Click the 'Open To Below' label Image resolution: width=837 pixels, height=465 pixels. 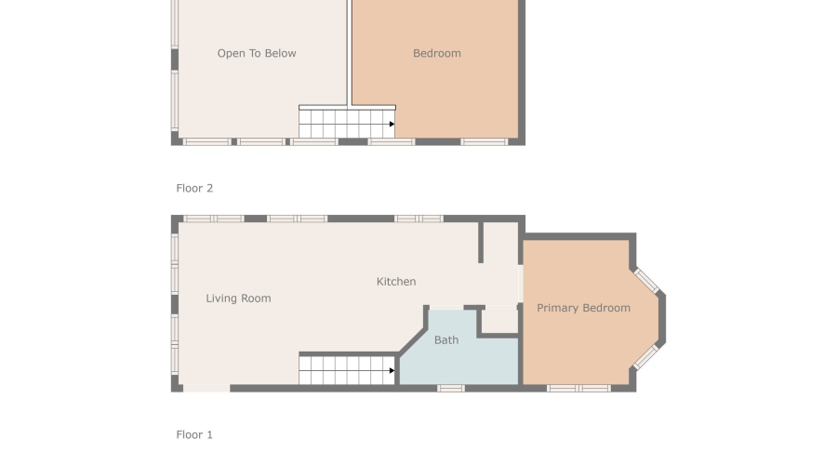pos(257,54)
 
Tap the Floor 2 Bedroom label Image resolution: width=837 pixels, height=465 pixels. pos(437,54)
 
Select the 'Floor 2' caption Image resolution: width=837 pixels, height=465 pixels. pos(194,188)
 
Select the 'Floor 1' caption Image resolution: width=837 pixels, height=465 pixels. pos(194,434)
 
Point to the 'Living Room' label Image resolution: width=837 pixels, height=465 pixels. pos(238,299)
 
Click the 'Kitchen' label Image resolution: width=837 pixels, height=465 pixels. pos(396,282)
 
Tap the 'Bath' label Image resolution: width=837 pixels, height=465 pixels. pos(446,340)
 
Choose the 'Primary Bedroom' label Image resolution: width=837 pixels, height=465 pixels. pos(583,308)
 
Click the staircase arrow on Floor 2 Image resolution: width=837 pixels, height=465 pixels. pos(392,124)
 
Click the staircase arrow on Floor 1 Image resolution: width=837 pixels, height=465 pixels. pos(392,370)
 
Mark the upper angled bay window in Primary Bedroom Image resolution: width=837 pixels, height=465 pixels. pos(646,281)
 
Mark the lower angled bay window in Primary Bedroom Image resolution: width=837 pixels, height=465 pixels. pos(646,357)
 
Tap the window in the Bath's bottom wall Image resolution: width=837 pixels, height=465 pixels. pos(451,388)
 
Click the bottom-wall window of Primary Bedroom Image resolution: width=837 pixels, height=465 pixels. pos(578,388)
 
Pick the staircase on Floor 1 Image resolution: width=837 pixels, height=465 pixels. pos(346,369)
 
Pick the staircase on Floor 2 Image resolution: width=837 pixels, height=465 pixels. pos(346,123)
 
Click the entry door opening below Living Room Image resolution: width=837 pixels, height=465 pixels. pos(206,388)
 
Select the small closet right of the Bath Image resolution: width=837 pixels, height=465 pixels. pos(500,320)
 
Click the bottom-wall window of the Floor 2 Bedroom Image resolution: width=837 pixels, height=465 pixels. pos(485,142)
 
